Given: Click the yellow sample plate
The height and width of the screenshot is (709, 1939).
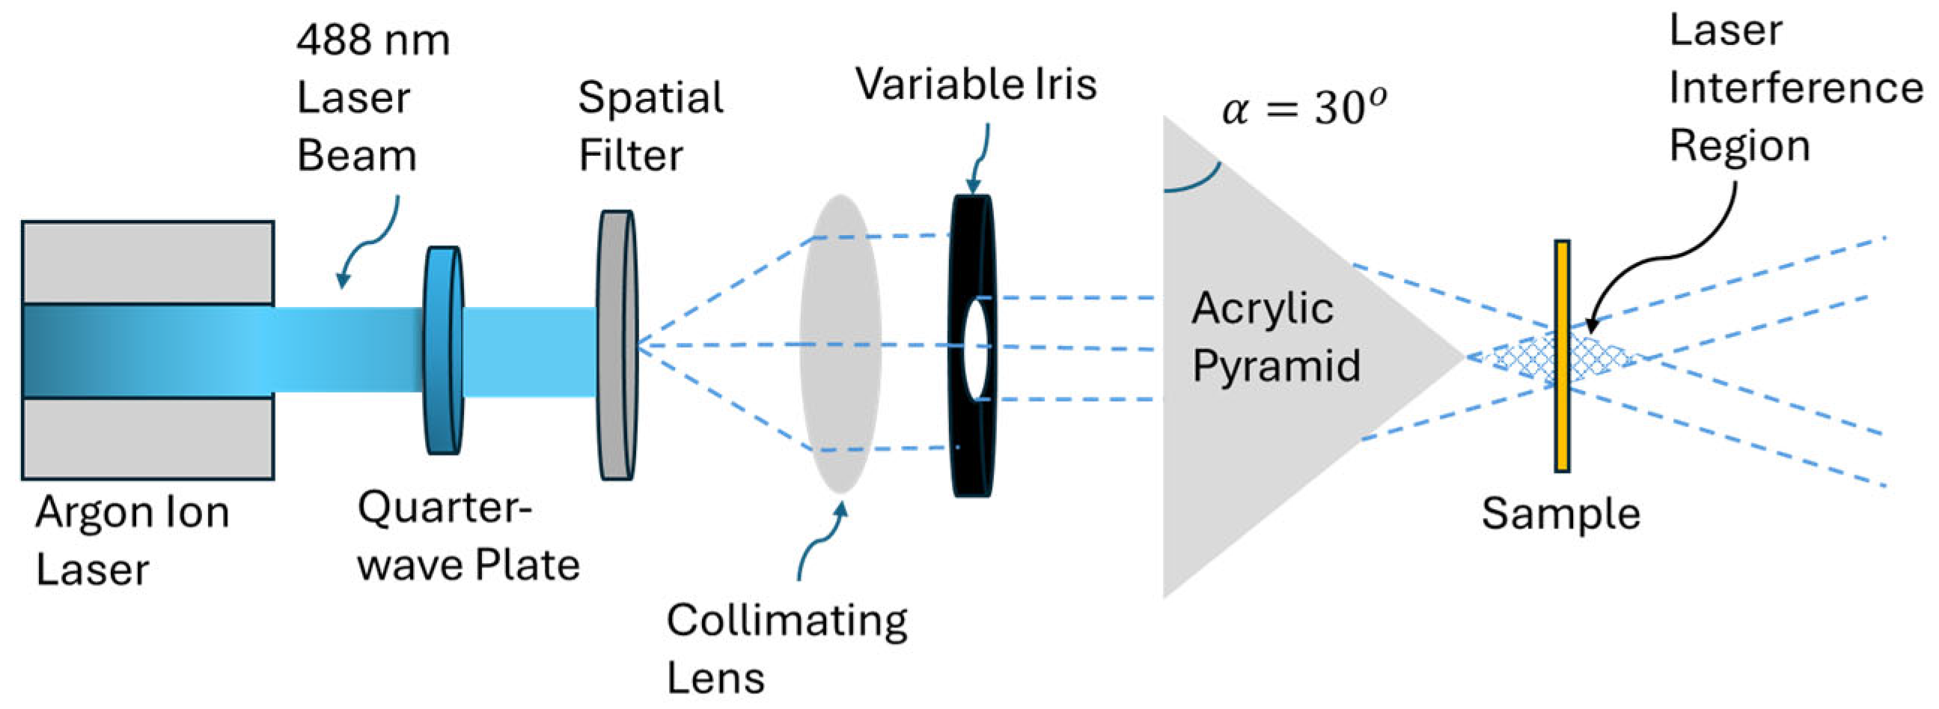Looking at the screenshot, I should click(1562, 356).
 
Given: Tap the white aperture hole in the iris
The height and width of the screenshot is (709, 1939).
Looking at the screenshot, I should click(976, 348).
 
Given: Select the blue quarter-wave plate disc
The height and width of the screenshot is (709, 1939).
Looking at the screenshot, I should click(443, 350).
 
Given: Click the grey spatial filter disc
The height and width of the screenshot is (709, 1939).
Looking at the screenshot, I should click(617, 344).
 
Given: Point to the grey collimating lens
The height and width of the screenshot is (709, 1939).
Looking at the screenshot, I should click(840, 344).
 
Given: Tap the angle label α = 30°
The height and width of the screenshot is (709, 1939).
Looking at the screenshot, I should click(1303, 108).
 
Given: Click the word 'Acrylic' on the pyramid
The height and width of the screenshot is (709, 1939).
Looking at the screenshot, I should click(1262, 308).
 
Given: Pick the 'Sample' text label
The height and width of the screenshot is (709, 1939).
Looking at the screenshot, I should click(1560, 514).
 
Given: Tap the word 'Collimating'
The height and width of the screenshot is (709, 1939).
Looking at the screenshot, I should click(787, 621).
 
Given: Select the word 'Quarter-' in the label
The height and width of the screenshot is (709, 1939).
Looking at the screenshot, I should click(444, 508).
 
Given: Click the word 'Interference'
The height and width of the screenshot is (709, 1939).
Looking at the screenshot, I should click(1796, 88).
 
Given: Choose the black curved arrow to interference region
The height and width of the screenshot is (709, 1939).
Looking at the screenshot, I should click(1679, 256).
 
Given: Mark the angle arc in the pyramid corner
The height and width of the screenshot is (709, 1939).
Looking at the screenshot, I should click(1197, 180).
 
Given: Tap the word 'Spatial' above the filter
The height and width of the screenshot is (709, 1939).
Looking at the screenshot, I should click(650, 98).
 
